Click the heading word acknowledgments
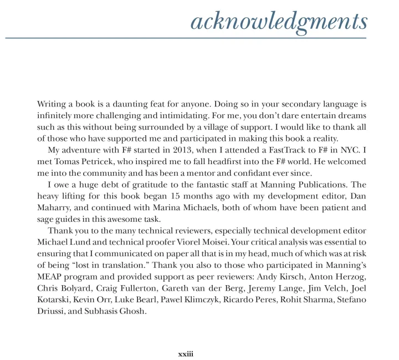click(x=278, y=22)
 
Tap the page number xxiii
click(x=185, y=338)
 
